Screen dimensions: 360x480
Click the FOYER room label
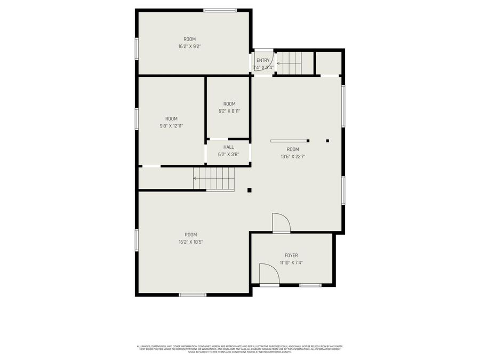[x=291, y=255]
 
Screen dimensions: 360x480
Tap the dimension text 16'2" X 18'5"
[x=191, y=242]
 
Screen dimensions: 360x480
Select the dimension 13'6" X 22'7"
[x=293, y=156]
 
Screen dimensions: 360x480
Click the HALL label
[x=228, y=147]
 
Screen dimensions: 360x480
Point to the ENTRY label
[x=263, y=60]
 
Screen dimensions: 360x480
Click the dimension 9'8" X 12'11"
[x=171, y=126]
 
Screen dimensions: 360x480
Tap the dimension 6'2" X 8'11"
[x=229, y=111]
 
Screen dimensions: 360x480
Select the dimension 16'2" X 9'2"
[x=189, y=46]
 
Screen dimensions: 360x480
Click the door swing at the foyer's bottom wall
[x=269, y=274]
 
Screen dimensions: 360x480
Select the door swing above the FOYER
[x=281, y=222]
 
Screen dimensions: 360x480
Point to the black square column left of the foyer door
[x=249, y=189]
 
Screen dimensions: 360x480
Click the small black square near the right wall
[x=327, y=141]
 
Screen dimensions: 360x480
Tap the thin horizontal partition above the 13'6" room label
[x=290, y=141]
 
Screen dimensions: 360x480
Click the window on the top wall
[x=220, y=10]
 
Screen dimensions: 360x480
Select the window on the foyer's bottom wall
[x=310, y=285]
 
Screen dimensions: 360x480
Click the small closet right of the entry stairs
[x=329, y=62]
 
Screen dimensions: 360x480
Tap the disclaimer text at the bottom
[x=239, y=349]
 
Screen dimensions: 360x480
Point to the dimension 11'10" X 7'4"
[x=291, y=262]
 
